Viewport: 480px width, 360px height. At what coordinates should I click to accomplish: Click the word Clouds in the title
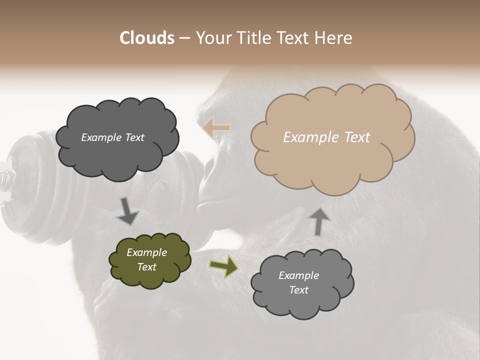point(147,38)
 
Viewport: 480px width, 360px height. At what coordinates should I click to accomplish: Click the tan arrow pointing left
point(216,128)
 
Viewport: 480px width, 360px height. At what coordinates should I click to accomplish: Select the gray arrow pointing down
point(127,211)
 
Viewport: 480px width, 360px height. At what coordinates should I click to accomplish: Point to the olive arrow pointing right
point(223,266)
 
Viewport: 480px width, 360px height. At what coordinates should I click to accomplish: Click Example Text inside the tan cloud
point(326,137)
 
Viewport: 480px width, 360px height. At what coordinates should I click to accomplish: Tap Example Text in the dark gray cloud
point(112,137)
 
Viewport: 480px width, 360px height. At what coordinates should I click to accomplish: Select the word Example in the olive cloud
point(146,252)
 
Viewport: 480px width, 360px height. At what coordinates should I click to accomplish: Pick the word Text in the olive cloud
point(146,267)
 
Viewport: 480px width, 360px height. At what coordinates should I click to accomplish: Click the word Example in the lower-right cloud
point(298,275)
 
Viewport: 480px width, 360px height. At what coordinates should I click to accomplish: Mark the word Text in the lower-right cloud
point(298,290)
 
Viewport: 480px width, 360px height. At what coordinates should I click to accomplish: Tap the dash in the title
point(184,38)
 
